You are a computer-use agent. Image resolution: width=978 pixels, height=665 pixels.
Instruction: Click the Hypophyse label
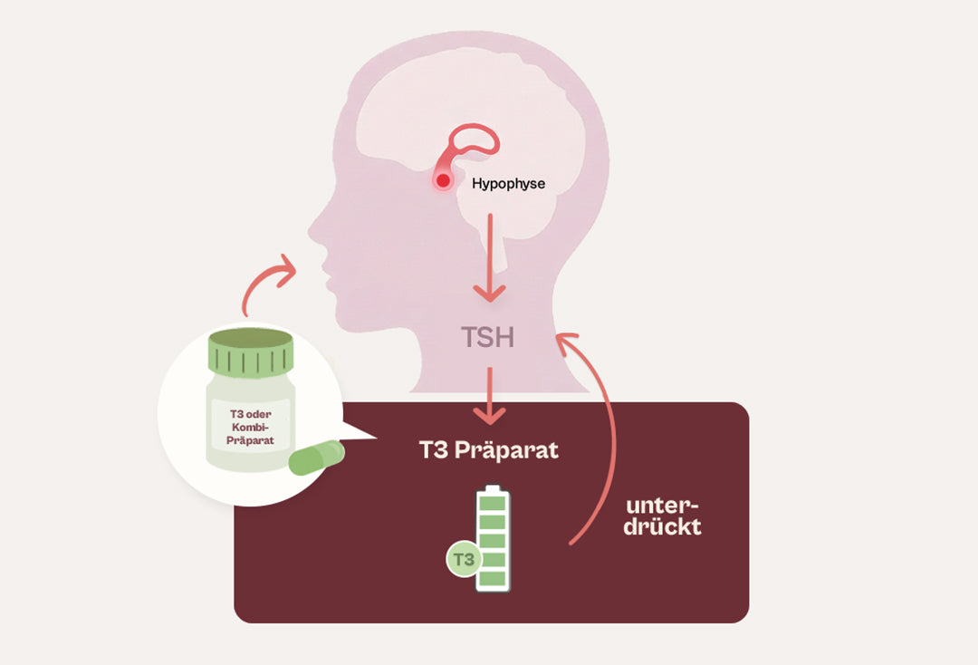(508, 183)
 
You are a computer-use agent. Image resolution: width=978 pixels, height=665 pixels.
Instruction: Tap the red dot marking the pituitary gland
(443, 181)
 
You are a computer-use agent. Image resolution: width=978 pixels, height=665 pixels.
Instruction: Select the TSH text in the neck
(488, 338)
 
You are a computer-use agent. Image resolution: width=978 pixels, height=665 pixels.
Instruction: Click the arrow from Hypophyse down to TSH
(490, 257)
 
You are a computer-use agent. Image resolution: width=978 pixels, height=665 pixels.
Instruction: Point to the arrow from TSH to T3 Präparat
(490, 396)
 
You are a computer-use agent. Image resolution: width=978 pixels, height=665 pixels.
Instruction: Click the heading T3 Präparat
(489, 449)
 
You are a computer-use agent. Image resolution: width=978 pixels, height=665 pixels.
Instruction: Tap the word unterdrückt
(662, 516)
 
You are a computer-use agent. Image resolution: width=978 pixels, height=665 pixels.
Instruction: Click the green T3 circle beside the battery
(464, 559)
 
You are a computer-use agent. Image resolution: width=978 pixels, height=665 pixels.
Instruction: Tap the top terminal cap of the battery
(493, 487)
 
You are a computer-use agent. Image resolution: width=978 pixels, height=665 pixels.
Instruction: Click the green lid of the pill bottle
(251, 352)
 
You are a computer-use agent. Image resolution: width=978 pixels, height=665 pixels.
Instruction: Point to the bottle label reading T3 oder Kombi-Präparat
(250, 428)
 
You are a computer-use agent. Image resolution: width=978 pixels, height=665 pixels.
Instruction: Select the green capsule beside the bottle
(317, 458)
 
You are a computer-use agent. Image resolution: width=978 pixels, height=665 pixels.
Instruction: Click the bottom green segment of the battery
(493, 578)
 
